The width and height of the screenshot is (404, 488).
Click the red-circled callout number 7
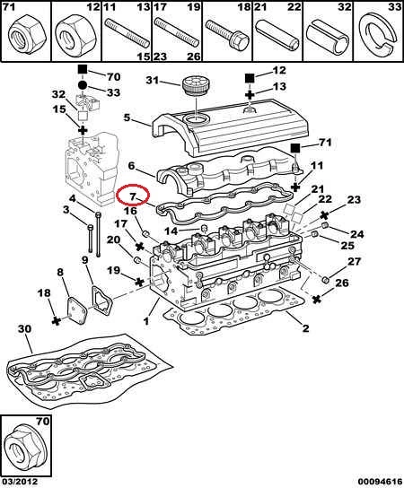[x=133, y=196]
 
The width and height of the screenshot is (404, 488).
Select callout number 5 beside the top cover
[x=127, y=118]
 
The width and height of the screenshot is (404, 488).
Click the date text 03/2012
[x=20, y=482]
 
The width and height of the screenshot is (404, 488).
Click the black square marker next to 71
[x=295, y=148]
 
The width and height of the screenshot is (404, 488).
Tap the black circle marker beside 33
[x=83, y=85]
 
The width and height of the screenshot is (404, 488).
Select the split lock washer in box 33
[x=379, y=33]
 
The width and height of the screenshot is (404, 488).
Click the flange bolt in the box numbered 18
[x=227, y=34]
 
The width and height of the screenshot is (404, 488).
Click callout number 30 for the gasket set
[x=24, y=329]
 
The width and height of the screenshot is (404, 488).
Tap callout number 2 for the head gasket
[x=305, y=327]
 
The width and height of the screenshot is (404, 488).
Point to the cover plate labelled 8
[x=76, y=311]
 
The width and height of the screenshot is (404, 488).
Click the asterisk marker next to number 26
[x=317, y=300]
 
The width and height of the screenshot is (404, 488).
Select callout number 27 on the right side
[x=354, y=262]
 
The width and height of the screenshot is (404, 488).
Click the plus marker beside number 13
[x=250, y=94]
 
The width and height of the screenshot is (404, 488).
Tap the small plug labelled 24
[x=325, y=224]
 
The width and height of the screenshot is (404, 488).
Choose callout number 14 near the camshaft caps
[x=171, y=231]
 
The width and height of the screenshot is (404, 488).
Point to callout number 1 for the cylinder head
[x=146, y=320]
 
